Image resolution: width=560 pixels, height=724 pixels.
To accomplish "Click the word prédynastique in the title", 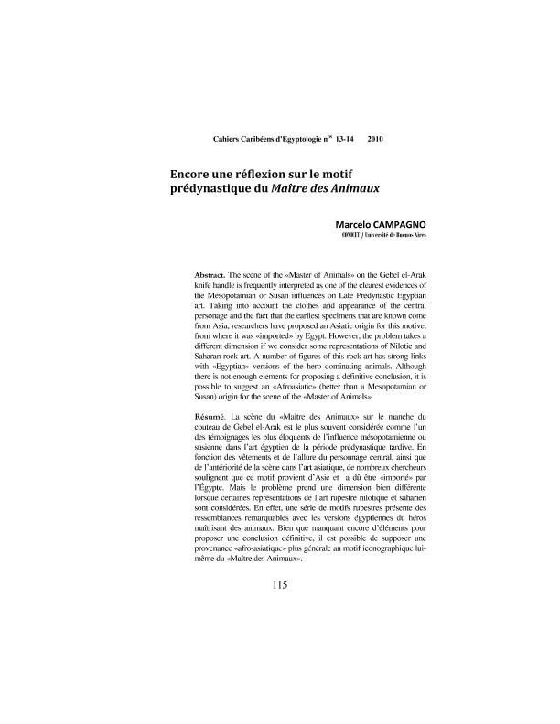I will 216,188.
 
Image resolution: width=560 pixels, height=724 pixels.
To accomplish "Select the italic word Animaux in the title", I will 351,188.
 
